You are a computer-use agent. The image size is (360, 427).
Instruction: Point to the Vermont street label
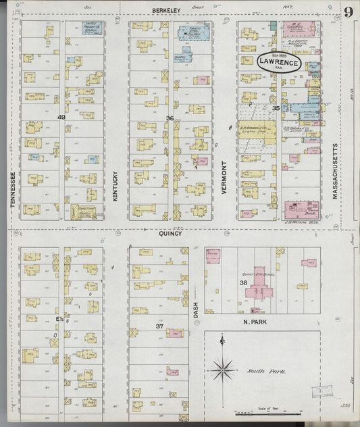tap(224, 179)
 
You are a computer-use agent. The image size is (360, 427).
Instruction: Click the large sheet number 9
tap(347, 13)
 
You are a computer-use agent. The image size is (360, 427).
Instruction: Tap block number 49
tap(61, 117)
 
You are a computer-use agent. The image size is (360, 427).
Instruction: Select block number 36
tap(170, 118)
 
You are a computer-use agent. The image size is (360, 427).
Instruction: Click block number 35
tap(276, 108)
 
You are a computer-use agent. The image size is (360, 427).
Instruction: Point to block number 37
tap(160, 326)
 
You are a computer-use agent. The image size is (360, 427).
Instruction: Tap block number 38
tap(243, 283)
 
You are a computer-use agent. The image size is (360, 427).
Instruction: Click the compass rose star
tap(222, 369)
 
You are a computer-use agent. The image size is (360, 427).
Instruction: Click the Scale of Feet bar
tap(257, 411)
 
